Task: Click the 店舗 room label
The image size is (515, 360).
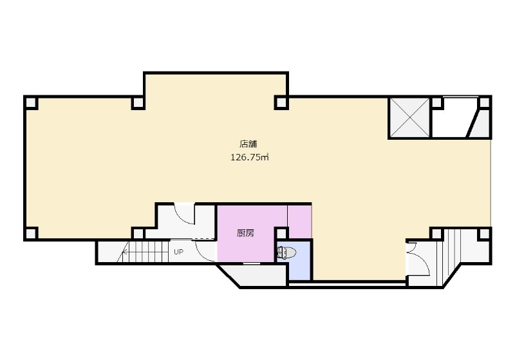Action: coord(248,144)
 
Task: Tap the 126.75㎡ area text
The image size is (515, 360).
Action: coord(250,157)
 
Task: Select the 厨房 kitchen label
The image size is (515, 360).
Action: coord(245,233)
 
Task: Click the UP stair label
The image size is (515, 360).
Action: coord(179,252)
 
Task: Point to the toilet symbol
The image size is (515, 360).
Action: coord(286,252)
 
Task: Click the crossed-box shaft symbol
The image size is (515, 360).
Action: coord(409,117)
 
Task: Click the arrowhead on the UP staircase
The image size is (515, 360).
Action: coord(125,252)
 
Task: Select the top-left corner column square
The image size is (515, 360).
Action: coord(31,103)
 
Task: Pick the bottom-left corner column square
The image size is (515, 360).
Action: coord(31,233)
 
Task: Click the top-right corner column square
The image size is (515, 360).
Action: coord(485,103)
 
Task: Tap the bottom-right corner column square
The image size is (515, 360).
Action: coord(485,234)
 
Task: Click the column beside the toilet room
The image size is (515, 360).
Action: coord(281,234)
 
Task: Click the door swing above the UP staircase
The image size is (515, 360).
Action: coord(185,215)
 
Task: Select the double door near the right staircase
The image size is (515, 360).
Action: coord(418,258)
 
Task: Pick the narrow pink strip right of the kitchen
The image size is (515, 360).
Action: coord(299,222)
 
